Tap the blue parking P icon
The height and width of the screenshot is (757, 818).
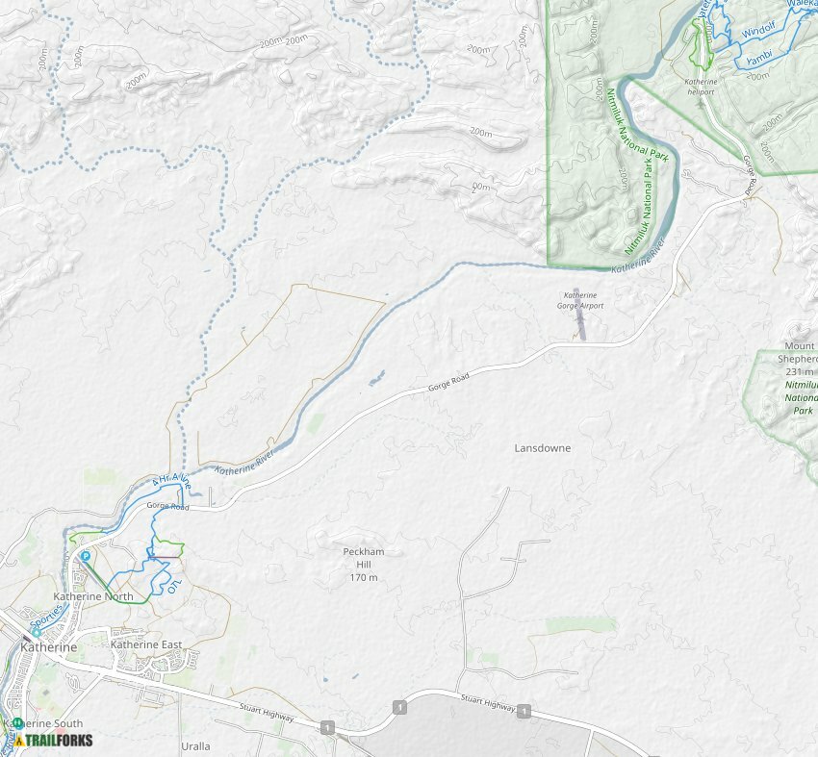pos(85,556)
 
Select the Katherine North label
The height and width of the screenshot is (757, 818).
pos(93,597)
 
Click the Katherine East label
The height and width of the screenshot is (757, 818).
pos(146,644)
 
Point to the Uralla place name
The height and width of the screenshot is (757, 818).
pos(195,745)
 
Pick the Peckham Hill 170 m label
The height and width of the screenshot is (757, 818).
pos(363,565)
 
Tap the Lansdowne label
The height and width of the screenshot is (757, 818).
pos(542,448)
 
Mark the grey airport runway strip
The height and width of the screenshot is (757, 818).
pos(581,324)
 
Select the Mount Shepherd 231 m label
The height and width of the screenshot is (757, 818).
pos(799,358)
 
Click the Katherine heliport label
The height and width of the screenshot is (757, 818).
pos(700,87)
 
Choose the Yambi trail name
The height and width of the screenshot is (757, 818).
pos(759,60)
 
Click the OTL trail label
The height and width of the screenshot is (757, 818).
pos(172,585)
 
